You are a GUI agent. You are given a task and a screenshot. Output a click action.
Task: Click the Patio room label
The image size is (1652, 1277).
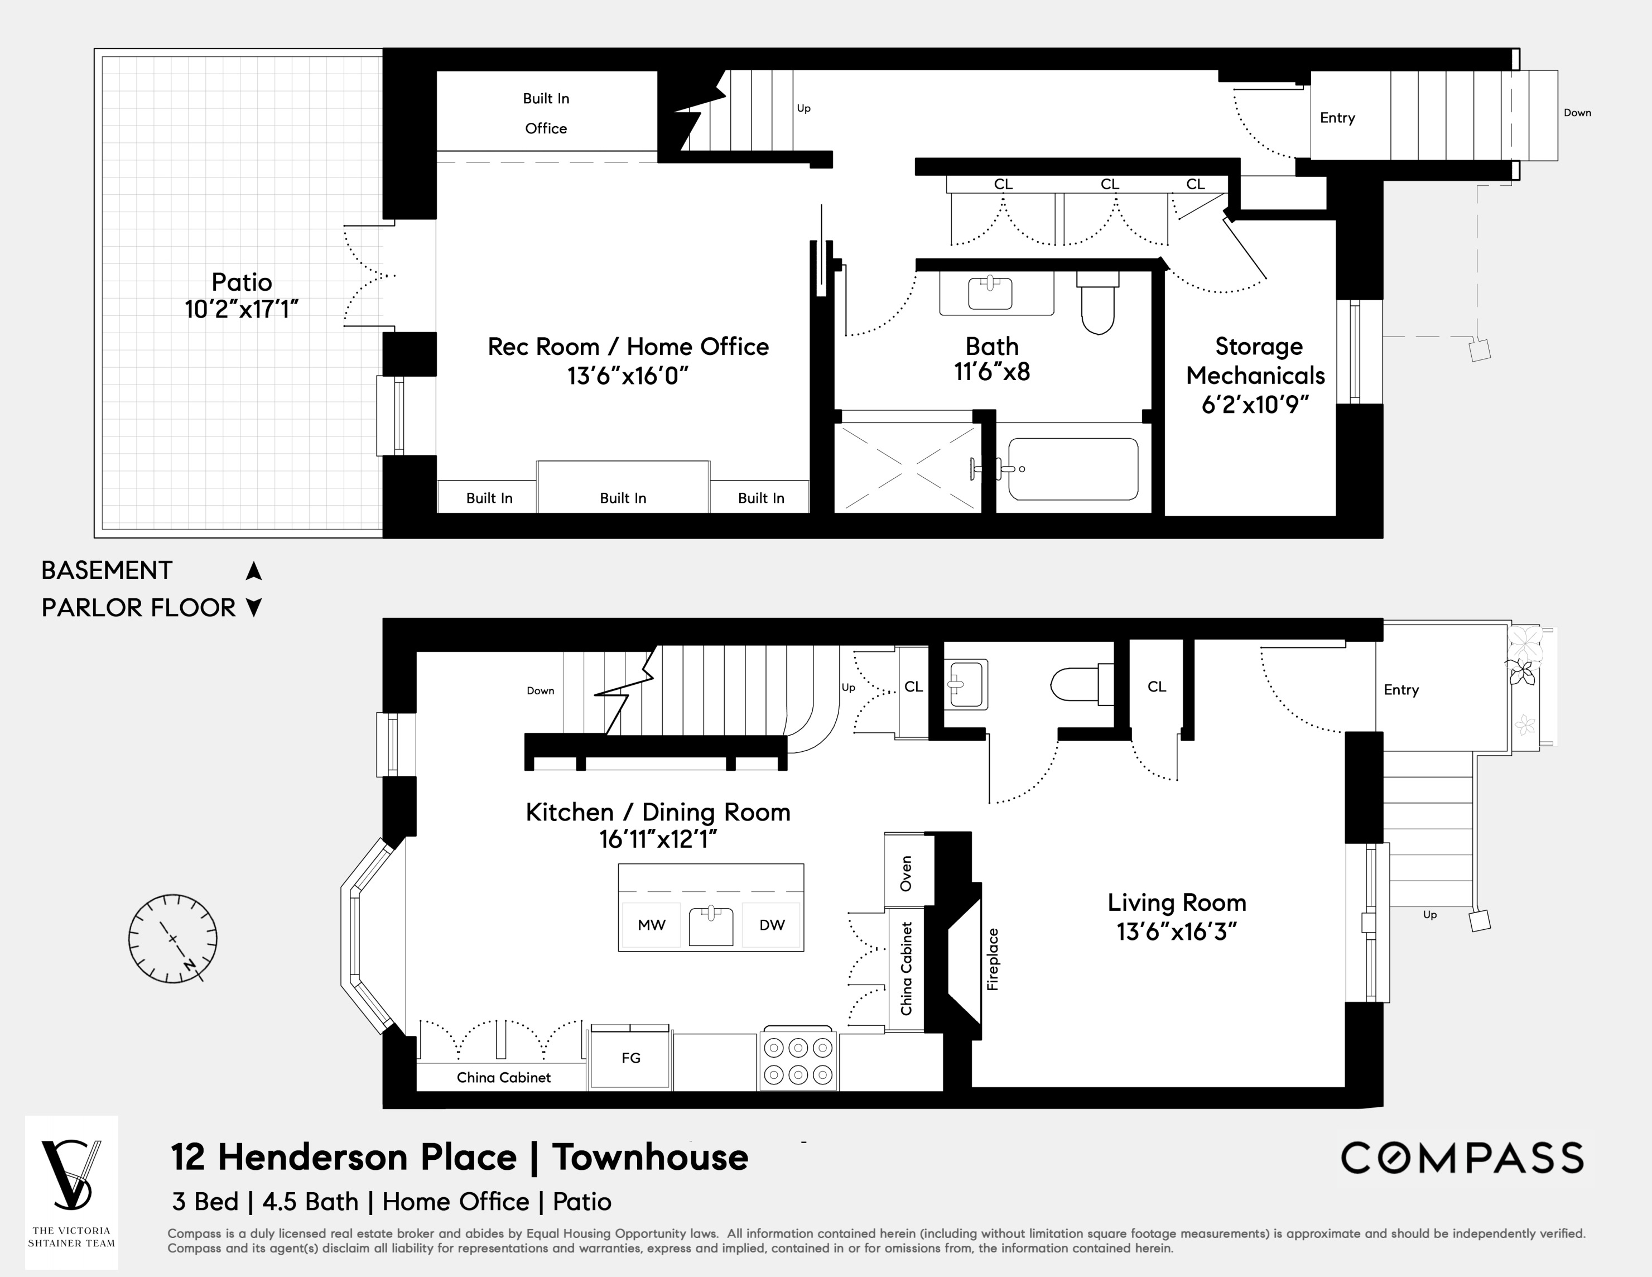click(x=241, y=283)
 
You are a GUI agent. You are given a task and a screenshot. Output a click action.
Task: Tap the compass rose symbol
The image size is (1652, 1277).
click(x=172, y=939)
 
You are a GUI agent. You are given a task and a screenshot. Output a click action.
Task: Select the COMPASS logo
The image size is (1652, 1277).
click(x=1461, y=1158)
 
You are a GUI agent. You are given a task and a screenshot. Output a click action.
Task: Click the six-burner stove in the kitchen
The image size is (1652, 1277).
click(x=798, y=1062)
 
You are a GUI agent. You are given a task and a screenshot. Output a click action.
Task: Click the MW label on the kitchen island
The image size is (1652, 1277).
click(x=651, y=924)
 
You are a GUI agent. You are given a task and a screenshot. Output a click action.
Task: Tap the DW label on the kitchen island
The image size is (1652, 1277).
click(x=772, y=924)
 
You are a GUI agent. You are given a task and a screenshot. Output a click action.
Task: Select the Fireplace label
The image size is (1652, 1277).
click(x=993, y=959)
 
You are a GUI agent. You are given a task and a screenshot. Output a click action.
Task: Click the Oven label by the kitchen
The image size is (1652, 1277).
click(x=906, y=874)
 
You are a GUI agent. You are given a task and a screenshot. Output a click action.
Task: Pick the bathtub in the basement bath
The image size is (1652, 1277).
click(x=1072, y=469)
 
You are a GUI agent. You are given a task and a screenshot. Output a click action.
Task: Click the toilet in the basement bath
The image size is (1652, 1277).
click(x=1097, y=306)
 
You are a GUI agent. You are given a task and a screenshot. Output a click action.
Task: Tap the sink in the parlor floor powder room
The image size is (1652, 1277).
click(x=965, y=685)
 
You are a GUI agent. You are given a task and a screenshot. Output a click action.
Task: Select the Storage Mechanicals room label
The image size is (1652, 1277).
click(x=1257, y=361)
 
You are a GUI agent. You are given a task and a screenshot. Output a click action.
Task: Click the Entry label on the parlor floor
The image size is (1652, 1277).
click(x=1401, y=690)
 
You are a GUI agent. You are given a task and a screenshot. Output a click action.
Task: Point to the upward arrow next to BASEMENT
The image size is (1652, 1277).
click(x=254, y=571)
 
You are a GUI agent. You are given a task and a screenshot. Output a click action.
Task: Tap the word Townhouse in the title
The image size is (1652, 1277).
click(x=650, y=1158)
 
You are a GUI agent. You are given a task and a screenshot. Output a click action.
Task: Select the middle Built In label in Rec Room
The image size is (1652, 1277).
click(x=623, y=498)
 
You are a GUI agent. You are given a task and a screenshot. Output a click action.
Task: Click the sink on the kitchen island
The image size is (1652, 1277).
click(x=711, y=924)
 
